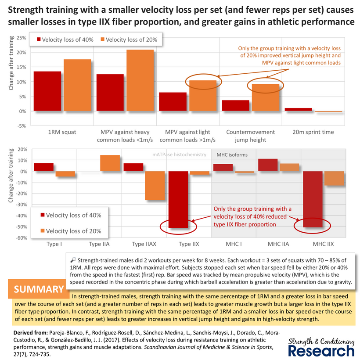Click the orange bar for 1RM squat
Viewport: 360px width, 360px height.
coord(77,85)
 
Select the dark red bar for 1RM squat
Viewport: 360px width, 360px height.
coord(47,91)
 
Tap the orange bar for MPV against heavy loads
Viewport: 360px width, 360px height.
coord(140,80)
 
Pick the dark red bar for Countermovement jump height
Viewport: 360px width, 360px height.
coord(236,106)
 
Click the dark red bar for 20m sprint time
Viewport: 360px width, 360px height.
coord(299,109)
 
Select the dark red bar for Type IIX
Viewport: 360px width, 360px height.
coord(178,199)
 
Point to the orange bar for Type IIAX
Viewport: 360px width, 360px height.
coord(155,186)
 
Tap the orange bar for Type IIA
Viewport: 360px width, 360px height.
coord(110,163)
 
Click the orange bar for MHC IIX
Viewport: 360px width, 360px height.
coord(334,178)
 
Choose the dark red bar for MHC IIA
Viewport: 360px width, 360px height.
coord(268,165)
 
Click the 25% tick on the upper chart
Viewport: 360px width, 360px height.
coord(22,38)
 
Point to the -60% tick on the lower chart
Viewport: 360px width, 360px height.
coord(21,238)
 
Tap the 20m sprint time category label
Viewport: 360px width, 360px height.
coord(313,132)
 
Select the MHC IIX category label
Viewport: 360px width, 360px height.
coord(323,244)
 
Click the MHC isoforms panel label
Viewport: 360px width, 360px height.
coord(232,155)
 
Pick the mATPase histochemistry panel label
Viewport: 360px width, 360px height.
coord(179,155)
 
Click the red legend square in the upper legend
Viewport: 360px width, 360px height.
coord(39,40)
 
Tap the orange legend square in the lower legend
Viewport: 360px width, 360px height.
coord(43,231)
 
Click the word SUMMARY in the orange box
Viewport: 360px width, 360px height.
coord(39,289)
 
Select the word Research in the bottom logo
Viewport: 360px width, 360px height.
coord(321,351)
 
